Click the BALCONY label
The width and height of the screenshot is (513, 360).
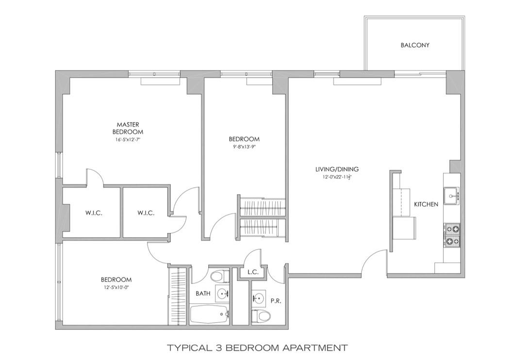tap(415, 45)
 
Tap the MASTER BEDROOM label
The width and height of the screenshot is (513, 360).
tap(128, 128)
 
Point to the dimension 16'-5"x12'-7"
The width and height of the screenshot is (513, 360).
tap(128, 140)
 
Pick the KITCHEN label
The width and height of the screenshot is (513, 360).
tap(426, 204)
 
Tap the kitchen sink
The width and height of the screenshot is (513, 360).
tap(452, 196)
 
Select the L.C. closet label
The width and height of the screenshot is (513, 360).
tap(252, 273)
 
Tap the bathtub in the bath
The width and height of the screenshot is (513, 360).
tap(209, 314)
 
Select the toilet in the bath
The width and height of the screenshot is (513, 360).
tap(218, 277)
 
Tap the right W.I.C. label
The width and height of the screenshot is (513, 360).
tap(146, 213)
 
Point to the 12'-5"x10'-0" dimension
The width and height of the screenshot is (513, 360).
tap(116, 287)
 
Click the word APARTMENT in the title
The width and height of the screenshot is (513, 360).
tap(315, 347)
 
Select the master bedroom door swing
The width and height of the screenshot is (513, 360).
tap(95, 177)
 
